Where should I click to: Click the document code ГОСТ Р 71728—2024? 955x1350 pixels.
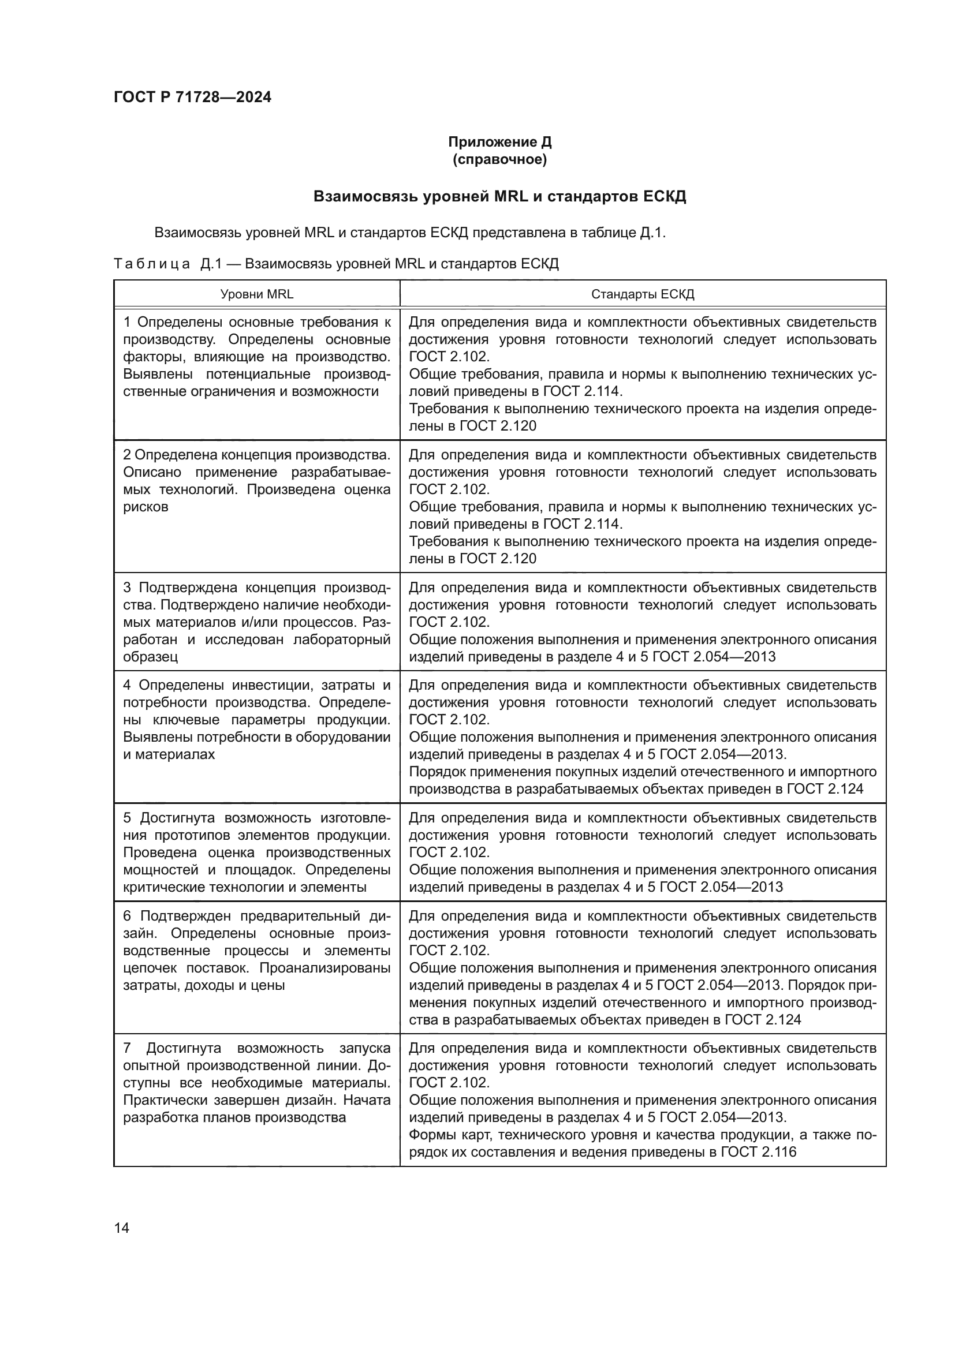click(192, 97)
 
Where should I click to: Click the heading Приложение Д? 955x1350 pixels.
click(499, 142)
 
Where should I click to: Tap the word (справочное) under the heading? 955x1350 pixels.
click(499, 159)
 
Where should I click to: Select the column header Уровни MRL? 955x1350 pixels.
click(256, 294)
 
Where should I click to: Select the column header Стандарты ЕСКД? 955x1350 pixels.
click(642, 294)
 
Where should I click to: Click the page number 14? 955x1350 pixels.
click(122, 1228)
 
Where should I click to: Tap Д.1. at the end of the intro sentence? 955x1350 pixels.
click(653, 233)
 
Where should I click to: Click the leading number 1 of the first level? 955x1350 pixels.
click(127, 322)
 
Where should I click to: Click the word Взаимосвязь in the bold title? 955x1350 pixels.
click(364, 196)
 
